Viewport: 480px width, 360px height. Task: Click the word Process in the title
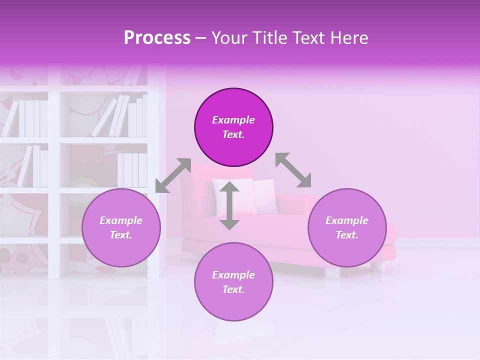pos(157,38)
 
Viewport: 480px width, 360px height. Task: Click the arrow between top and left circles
pos(173,175)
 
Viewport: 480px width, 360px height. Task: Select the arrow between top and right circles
pos(293,170)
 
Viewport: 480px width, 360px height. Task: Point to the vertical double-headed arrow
pos(229,205)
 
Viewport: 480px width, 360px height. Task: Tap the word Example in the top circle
pos(233,120)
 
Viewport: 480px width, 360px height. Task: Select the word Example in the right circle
pos(347,220)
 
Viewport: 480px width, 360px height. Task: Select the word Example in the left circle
pos(121,220)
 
